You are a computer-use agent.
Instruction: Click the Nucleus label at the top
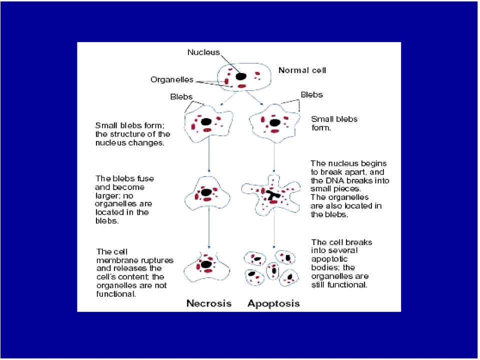point(203,52)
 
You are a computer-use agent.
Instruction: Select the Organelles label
point(171,79)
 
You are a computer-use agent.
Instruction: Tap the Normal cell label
point(302,70)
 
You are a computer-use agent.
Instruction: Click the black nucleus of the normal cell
point(241,76)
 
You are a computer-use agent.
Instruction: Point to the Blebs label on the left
point(181,96)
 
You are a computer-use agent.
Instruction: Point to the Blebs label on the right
point(311,94)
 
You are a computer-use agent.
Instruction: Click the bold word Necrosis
point(209,303)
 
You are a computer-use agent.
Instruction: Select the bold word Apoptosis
point(273,303)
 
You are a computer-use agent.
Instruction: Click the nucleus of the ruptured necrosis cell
point(206,264)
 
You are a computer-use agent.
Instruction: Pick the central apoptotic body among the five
point(272,270)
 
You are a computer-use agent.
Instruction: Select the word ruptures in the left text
point(154,260)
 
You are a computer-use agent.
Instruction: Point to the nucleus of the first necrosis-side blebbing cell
point(206,122)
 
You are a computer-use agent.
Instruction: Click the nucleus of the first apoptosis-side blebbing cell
point(274,123)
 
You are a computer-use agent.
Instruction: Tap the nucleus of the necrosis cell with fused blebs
point(206,192)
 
